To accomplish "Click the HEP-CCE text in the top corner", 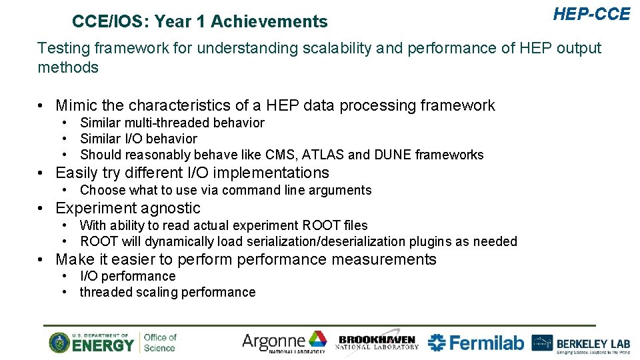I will [591, 14].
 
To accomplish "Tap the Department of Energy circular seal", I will [59, 343].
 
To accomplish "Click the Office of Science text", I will [160, 342].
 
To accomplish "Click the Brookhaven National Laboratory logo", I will [377, 342].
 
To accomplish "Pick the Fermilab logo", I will [476, 343].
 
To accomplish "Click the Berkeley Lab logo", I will [581, 343].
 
